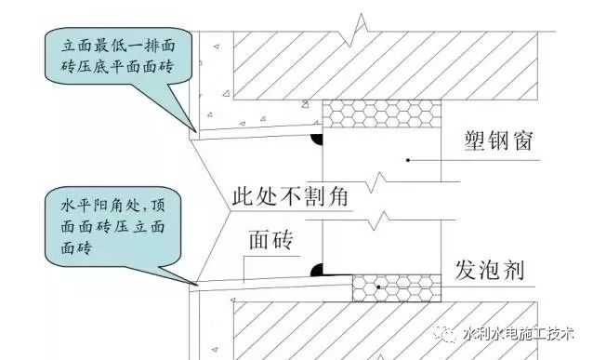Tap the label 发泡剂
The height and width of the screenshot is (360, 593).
point(494,271)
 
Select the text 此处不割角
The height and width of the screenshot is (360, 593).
point(294,198)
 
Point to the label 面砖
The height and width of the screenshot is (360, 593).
point(270,242)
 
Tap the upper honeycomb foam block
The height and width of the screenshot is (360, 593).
point(381,114)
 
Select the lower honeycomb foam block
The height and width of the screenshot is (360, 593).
point(396,288)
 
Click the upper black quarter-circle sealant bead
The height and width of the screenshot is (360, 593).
point(317,140)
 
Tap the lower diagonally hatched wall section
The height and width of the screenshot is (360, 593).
point(390,330)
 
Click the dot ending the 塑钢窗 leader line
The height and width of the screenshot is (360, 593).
point(406,162)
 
